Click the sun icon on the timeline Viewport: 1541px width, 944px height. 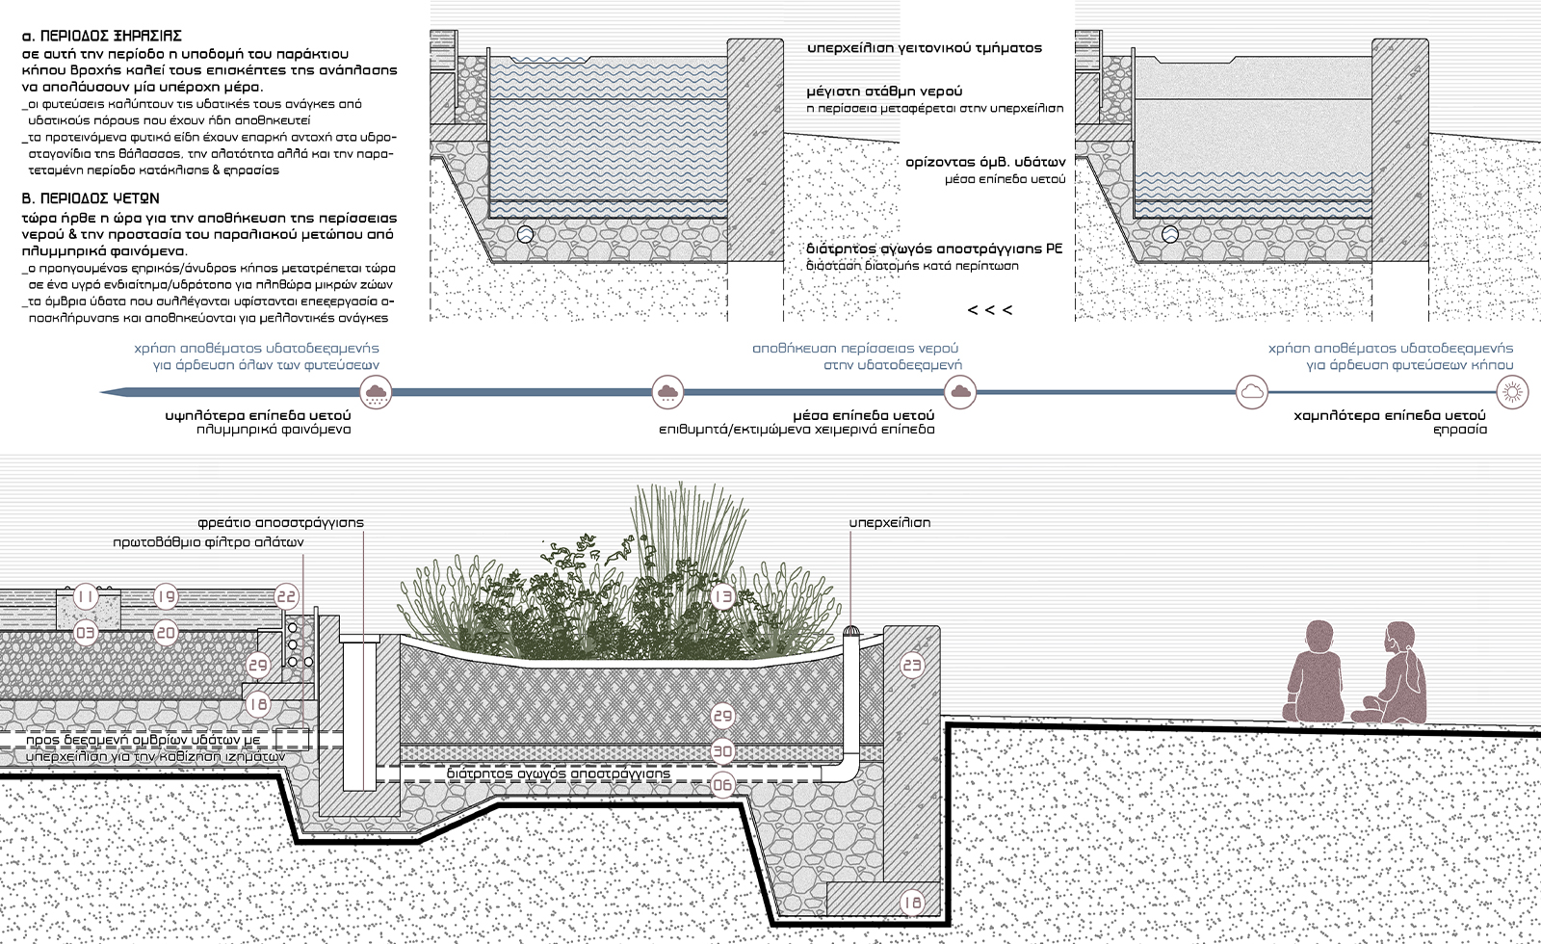(1513, 392)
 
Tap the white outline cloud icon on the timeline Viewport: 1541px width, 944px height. (1251, 392)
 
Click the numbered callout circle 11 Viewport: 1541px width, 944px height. (86, 597)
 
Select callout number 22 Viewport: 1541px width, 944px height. (287, 597)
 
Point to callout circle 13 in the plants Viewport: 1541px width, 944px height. (723, 597)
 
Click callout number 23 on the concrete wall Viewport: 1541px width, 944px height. (911, 665)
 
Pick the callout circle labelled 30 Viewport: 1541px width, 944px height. (722, 751)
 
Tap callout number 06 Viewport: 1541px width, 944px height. (722, 785)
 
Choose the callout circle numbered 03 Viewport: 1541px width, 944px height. (86, 633)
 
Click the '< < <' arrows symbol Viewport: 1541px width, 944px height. (989, 310)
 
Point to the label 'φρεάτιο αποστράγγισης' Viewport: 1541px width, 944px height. (280, 522)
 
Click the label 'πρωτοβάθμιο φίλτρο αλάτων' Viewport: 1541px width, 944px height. (208, 542)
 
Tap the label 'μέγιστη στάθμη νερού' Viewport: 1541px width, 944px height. (885, 92)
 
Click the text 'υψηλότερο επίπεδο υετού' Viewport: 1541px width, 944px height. (258, 415)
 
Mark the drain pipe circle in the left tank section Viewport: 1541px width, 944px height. (526, 234)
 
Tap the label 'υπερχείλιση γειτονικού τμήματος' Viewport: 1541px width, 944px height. (925, 47)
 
